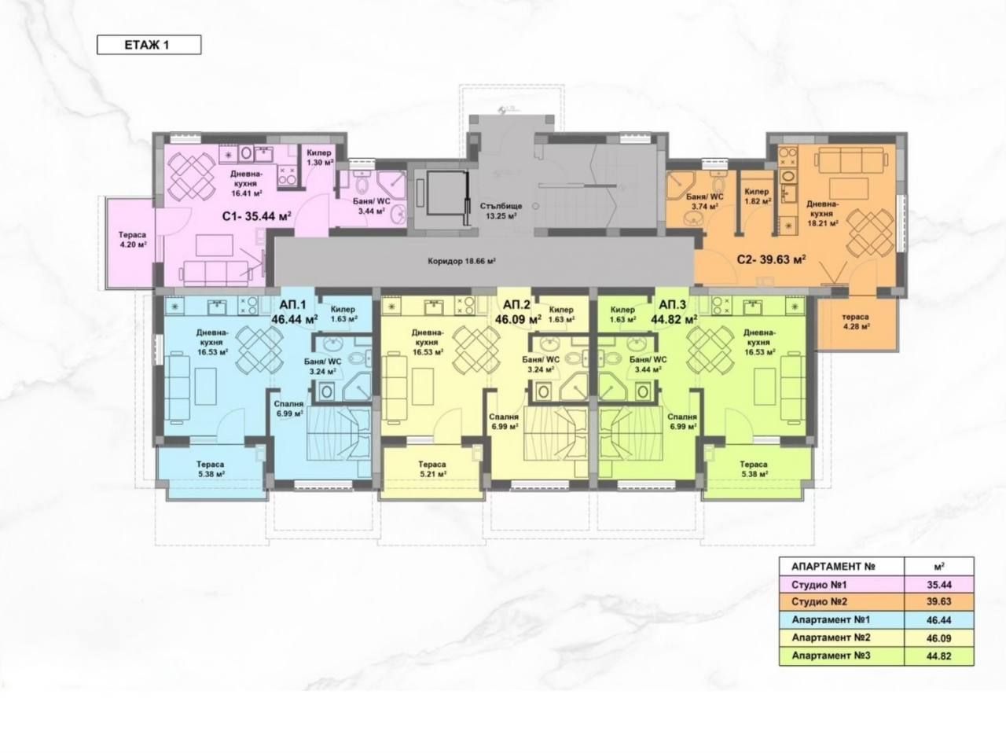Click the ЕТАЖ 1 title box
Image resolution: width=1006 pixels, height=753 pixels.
(x=149, y=45)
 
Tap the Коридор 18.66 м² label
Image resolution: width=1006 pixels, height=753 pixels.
(x=462, y=262)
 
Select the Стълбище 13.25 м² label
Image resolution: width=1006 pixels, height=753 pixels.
(x=501, y=211)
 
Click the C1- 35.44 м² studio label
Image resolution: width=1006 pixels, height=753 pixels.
(x=257, y=216)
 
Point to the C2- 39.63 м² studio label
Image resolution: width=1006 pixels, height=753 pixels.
(x=771, y=260)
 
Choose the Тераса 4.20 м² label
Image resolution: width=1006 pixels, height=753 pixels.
(x=133, y=240)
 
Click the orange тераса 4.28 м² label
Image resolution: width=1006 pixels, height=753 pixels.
(x=856, y=321)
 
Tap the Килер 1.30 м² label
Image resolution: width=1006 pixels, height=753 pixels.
(x=319, y=158)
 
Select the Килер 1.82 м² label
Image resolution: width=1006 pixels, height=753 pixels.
(x=757, y=197)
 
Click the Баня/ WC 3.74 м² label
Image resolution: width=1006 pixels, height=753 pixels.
(x=705, y=202)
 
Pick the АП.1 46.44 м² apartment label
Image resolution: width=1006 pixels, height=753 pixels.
(x=294, y=311)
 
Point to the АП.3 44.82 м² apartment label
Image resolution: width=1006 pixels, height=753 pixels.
(x=674, y=311)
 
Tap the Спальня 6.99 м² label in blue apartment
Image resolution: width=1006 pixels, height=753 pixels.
(x=288, y=409)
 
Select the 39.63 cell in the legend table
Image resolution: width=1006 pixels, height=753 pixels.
(x=938, y=601)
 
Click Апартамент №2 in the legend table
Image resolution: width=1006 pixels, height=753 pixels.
(x=831, y=637)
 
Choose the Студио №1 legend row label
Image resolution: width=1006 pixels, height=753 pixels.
(x=819, y=585)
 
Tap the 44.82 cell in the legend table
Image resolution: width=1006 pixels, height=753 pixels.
(x=938, y=656)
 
